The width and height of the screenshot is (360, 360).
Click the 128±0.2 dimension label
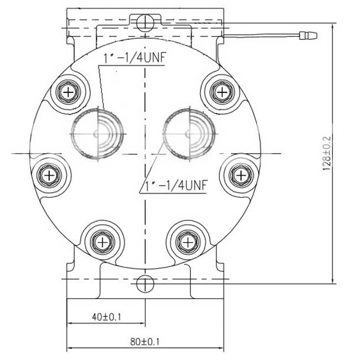pyautogui.click(x=327, y=153)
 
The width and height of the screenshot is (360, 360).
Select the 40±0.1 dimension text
pyautogui.click(x=106, y=317)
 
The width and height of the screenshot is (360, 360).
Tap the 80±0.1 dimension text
pyautogui.click(x=145, y=342)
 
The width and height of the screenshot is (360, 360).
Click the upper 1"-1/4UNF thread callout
pyautogui.click(x=135, y=58)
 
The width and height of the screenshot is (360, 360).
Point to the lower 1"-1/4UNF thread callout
pyautogui.click(x=176, y=186)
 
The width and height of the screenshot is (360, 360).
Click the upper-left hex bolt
pyautogui.click(x=68, y=92)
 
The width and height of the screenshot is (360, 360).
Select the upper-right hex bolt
pyautogui.click(x=222, y=92)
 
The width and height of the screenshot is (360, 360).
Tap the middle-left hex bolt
pyautogui.click(x=49, y=176)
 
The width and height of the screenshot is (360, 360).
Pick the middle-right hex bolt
pyautogui.click(x=241, y=176)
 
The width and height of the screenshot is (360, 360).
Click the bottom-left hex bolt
pyautogui.click(x=102, y=242)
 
